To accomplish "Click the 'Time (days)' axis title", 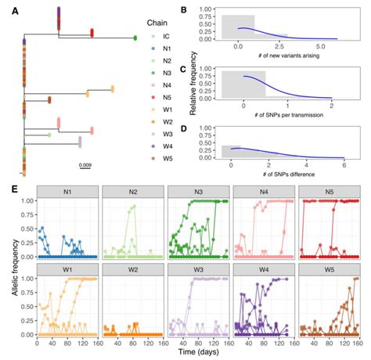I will [193, 353].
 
